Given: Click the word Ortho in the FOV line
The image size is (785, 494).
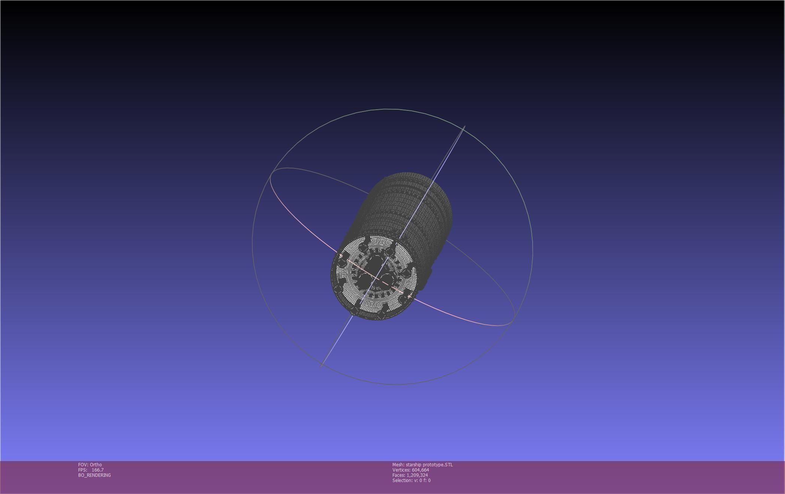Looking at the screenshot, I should coord(96,465).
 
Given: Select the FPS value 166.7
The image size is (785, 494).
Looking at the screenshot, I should coord(97,470).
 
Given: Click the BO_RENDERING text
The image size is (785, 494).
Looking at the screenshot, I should coord(94,475).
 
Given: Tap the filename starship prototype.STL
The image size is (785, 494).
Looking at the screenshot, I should coord(429,465).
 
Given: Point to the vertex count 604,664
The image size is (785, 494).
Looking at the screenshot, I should coord(420,470).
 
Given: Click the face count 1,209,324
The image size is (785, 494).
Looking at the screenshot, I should coord(417,475).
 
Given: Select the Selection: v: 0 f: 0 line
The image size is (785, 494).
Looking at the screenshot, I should coord(411,481).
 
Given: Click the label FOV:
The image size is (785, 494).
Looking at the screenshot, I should coord(83,465).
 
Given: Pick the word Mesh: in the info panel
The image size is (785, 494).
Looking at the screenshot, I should coord(398,465).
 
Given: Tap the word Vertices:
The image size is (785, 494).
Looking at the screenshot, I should coord(401,470).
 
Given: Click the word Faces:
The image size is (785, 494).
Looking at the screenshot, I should coord(399,475).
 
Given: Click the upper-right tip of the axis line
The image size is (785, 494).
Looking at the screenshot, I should coord(465,126).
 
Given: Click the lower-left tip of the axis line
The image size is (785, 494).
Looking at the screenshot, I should coord(321,366).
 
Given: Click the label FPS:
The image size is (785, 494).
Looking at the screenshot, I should coord(83,470).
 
